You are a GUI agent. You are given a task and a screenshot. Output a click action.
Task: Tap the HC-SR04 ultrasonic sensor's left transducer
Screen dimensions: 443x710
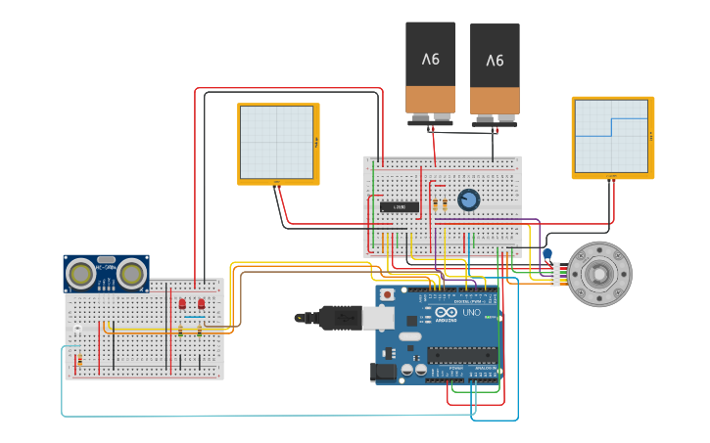click(x=82, y=275)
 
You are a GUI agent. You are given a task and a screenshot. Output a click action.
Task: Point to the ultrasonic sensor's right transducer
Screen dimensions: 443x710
click(x=131, y=275)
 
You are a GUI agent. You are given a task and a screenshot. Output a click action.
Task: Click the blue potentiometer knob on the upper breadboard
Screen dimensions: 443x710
click(x=468, y=199)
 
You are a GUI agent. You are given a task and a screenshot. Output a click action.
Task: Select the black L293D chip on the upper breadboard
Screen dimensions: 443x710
click(x=400, y=206)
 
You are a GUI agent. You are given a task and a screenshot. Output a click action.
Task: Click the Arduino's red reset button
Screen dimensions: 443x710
click(x=388, y=293)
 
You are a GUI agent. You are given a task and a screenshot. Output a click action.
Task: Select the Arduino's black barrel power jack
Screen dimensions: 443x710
click(x=383, y=373)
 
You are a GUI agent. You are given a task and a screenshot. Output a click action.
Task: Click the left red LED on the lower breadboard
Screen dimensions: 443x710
click(x=182, y=304)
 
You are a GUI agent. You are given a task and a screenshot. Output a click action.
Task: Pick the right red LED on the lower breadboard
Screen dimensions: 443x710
click(x=200, y=304)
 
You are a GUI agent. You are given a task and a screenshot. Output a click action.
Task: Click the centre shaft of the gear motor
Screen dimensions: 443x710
click(x=599, y=274)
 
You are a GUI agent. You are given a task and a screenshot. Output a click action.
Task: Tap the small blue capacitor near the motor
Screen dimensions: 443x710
click(x=547, y=255)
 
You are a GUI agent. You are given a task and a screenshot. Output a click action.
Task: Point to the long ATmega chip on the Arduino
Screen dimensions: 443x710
click(x=461, y=355)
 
